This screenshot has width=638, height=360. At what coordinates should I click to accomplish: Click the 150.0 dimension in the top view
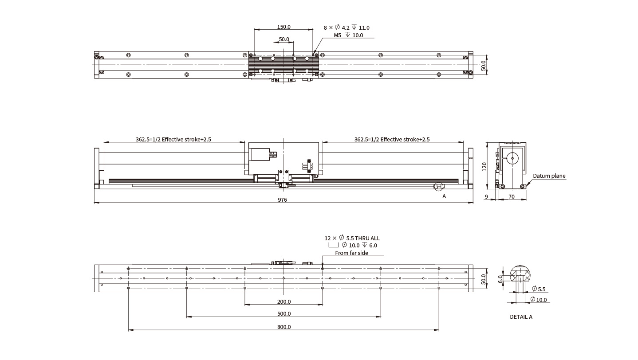[x=284, y=27]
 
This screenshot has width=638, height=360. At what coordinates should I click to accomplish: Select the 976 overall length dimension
[x=283, y=200]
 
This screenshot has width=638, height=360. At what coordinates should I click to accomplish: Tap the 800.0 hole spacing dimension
[x=284, y=327]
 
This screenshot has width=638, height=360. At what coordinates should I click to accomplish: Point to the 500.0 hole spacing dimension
[x=284, y=314]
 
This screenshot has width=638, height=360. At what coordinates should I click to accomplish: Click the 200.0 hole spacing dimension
[x=284, y=302]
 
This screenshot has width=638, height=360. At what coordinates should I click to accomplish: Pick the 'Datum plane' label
[x=549, y=176]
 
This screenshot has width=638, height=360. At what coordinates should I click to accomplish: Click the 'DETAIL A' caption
[x=521, y=317]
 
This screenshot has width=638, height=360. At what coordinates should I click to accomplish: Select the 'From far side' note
[x=351, y=253]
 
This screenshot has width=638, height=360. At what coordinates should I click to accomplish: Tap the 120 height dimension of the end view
[x=484, y=166]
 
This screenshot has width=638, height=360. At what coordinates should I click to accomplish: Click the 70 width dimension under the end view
[x=512, y=196]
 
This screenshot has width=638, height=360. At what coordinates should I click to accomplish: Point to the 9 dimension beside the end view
[x=487, y=196]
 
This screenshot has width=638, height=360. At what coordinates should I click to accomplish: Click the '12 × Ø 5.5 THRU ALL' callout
[x=352, y=238]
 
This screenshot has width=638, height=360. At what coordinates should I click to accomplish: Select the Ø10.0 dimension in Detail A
[x=540, y=300]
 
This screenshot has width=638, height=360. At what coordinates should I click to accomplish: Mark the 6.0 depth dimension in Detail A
[x=500, y=279]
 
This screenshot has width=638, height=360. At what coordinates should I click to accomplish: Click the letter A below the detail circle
[x=444, y=196]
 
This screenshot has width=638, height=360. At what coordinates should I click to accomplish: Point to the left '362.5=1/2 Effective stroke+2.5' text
[x=173, y=139]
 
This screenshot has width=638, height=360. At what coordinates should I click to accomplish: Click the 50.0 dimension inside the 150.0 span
[x=284, y=39]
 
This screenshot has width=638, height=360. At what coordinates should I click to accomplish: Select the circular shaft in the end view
[x=514, y=158]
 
